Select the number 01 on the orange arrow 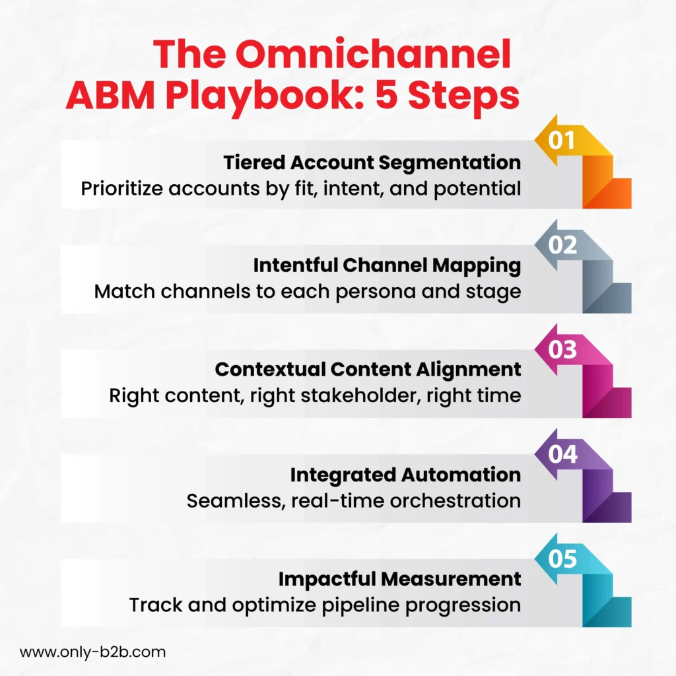click(562, 140)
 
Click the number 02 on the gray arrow click(562, 245)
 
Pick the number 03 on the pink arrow click(562, 350)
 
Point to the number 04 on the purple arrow click(562, 454)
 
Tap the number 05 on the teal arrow click(562, 558)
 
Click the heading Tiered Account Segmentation click(372, 163)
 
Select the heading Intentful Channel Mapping click(387, 266)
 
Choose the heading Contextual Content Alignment click(368, 370)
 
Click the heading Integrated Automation click(406, 475)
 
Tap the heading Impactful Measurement click(399, 579)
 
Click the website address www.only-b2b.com click(92, 652)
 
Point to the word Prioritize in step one click(122, 189)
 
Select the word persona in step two click(376, 292)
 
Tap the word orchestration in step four click(456, 501)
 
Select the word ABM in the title click(110, 96)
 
